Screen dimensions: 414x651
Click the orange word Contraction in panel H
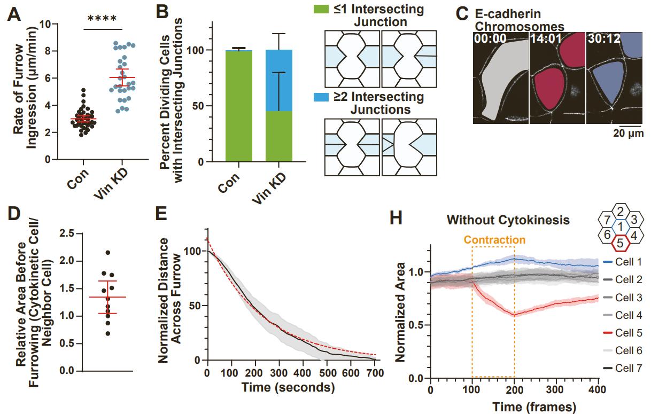(x=494, y=240)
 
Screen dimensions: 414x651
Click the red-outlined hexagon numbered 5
(x=620, y=243)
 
